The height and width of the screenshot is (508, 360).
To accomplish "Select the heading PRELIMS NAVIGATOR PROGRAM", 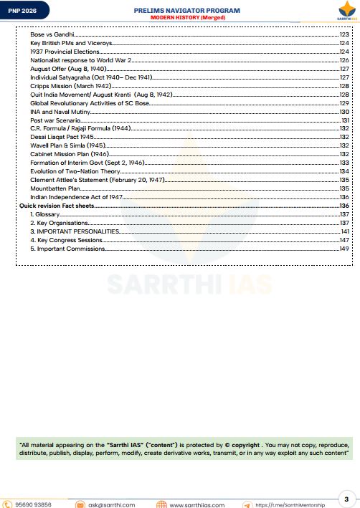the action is (x=186, y=10).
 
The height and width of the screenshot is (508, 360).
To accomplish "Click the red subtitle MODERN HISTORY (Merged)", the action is (x=186, y=16).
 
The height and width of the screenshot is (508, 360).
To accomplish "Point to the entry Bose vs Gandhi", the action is (x=52, y=34).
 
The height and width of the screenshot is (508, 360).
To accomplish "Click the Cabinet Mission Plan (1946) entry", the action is (x=70, y=154).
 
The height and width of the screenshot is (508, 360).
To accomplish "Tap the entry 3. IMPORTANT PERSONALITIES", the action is (x=75, y=231).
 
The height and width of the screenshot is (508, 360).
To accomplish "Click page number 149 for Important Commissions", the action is (x=344, y=249).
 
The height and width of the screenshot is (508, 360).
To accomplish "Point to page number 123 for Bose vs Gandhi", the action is (x=344, y=34).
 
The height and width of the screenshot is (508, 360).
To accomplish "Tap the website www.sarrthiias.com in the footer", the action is (x=197, y=504).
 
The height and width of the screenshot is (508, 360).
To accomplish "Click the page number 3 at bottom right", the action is (x=346, y=498).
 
